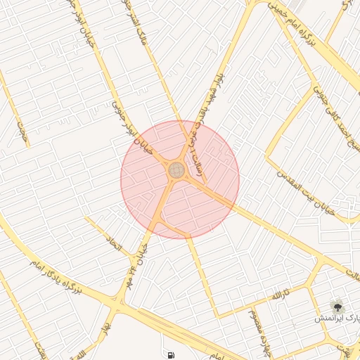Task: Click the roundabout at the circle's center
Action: [x=176, y=170]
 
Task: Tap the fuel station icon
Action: [x=169, y=355]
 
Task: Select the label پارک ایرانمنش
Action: [x=337, y=319]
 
